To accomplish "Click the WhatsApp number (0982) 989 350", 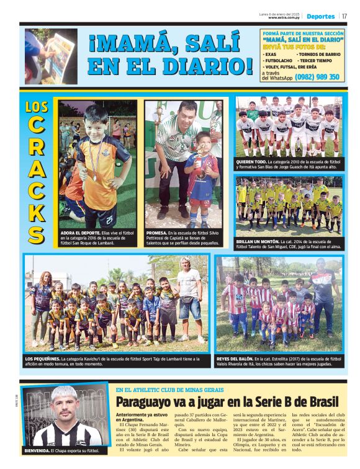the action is pyautogui.click(x=317, y=77).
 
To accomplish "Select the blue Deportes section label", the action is pyautogui.click(x=320, y=16).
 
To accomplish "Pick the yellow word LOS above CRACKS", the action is pyautogui.click(x=37, y=107).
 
